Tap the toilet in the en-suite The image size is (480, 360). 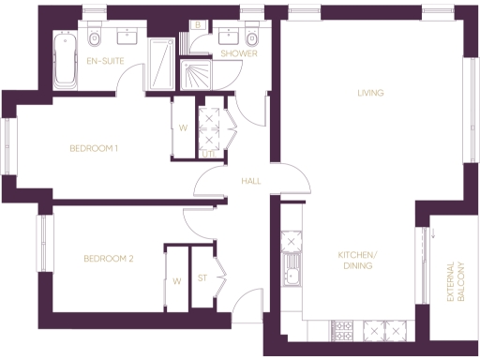tap(95, 40)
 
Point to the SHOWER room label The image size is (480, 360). tap(238, 54)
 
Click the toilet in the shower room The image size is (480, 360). tap(252, 38)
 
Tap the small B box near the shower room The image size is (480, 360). tap(198, 25)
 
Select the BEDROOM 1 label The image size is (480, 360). tap(94, 148)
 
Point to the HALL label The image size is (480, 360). tap(250, 181)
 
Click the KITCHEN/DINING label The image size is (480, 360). tap(357, 261)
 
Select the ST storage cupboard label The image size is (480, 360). tap(202, 278)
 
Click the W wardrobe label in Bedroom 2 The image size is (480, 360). tap(176, 280)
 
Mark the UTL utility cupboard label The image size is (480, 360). tap(220, 154)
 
